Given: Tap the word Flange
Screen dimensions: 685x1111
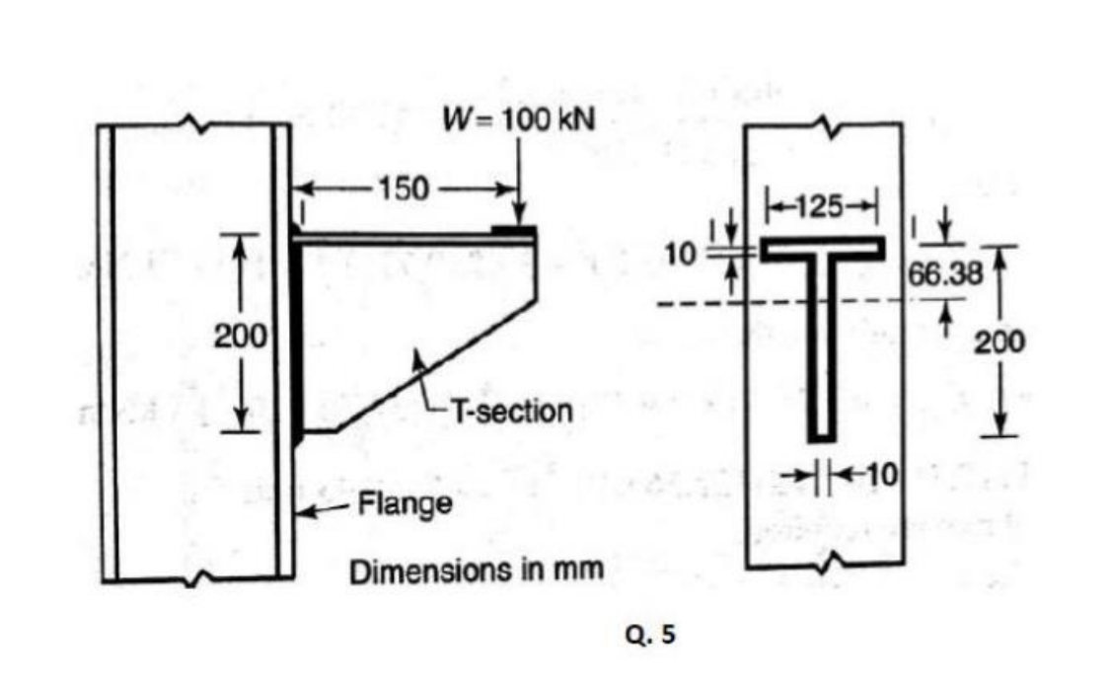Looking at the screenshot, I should pyautogui.click(x=405, y=504).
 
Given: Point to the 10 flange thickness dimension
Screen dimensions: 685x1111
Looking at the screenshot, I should pyautogui.click(x=678, y=254).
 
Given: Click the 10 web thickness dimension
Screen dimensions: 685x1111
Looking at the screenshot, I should pyautogui.click(x=881, y=474).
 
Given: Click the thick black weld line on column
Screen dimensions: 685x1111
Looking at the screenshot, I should pyautogui.click(x=296, y=336).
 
